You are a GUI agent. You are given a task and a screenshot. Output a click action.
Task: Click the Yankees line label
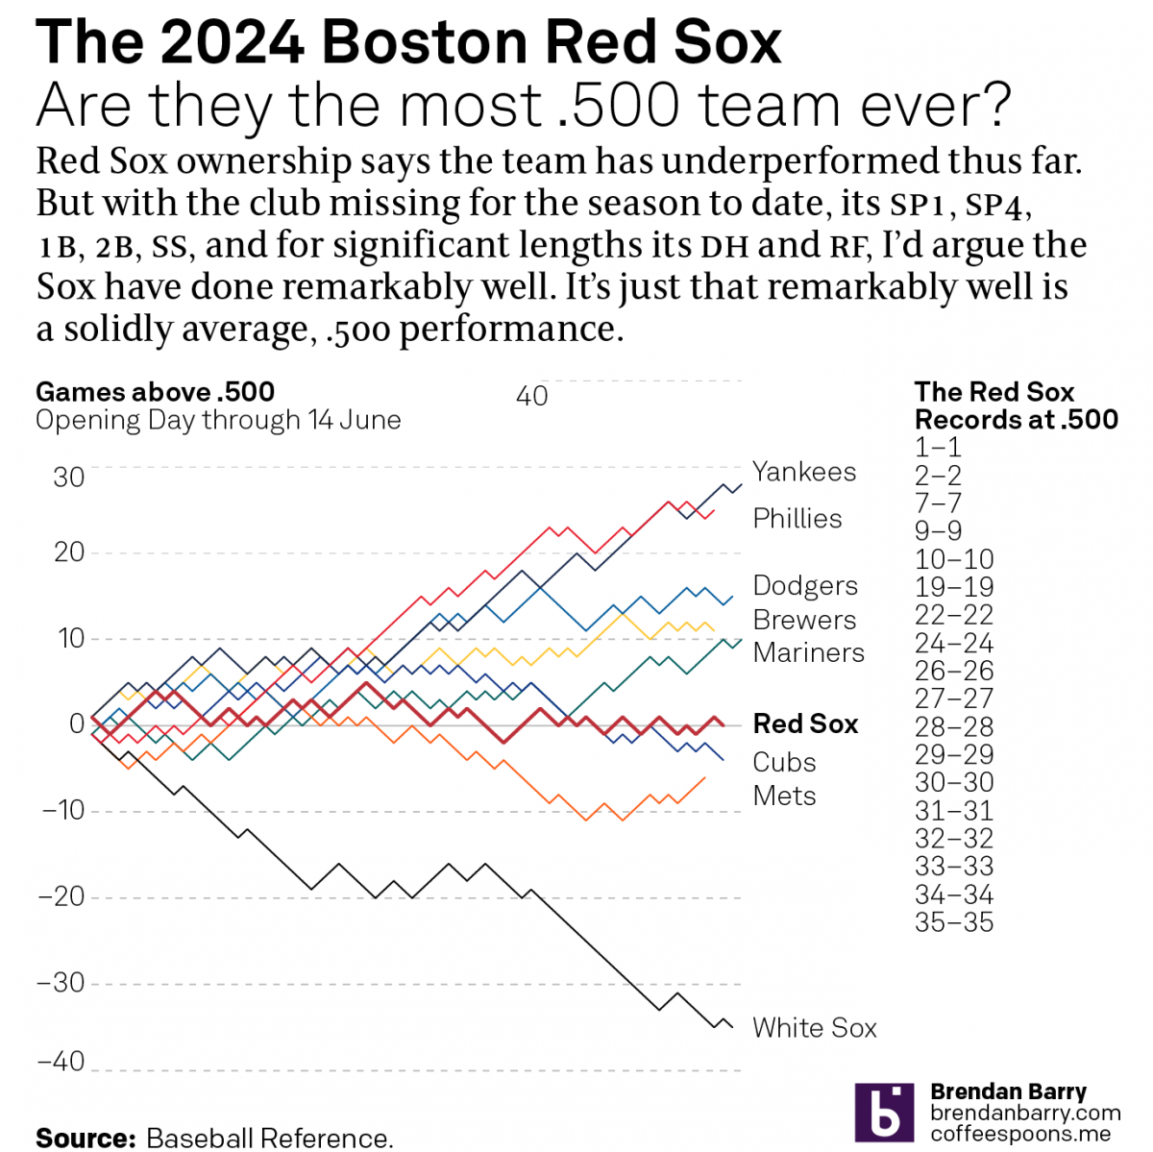(x=803, y=472)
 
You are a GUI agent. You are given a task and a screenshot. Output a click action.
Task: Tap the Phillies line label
(x=797, y=519)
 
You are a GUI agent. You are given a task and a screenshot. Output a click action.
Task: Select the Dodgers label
(x=805, y=586)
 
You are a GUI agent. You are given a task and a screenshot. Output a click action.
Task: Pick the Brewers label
(x=804, y=620)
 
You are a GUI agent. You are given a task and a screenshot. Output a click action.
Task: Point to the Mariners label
(x=808, y=652)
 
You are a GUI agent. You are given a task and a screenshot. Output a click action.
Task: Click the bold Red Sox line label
(x=805, y=723)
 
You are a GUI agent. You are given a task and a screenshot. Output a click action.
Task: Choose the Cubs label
(x=784, y=762)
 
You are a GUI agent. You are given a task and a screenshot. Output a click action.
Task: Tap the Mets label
(x=784, y=796)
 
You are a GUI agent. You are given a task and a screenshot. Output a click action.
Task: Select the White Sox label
(x=814, y=1028)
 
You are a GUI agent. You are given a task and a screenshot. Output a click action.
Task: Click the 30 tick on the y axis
(x=68, y=477)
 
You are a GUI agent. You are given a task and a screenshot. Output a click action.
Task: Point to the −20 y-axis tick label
(x=61, y=896)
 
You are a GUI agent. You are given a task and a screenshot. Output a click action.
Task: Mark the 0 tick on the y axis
(x=77, y=723)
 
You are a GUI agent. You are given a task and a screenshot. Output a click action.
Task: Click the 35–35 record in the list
(x=953, y=922)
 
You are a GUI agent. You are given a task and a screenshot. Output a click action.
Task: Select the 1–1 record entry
(x=938, y=448)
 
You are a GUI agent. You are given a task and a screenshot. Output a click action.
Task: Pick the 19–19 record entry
(x=953, y=587)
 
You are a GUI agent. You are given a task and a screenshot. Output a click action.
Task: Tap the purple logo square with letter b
(x=883, y=1112)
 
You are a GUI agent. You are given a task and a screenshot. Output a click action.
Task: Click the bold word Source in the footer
(x=86, y=1139)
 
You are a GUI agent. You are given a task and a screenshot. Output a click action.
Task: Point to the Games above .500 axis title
(x=155, y=392)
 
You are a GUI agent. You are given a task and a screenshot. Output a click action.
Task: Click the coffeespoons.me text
(x=1019, y=1134)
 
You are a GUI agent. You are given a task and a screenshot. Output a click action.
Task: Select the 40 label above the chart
(x=531, y=396)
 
